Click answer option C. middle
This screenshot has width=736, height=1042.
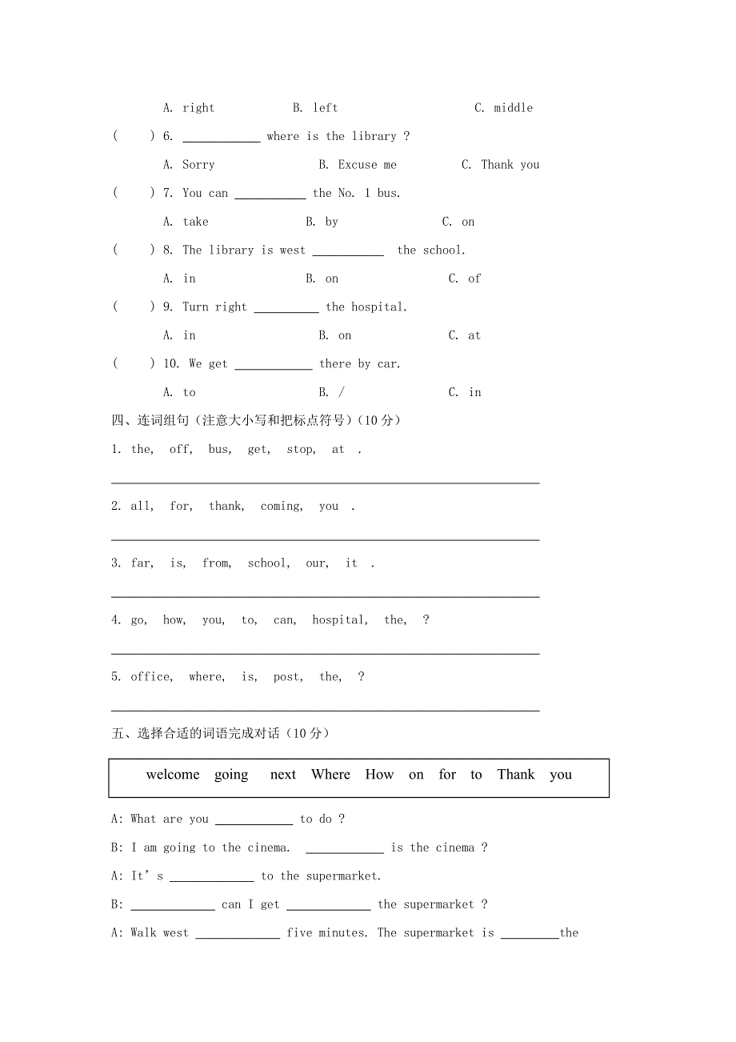[x=503, y=108]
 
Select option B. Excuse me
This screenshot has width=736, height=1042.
[x=357, y=165]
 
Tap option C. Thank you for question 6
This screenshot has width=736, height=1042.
[x=500, y=165]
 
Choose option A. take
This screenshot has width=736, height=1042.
[x=186, y=222]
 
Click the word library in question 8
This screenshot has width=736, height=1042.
[x=231, y=250]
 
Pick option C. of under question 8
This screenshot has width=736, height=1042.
[x=465, y=279]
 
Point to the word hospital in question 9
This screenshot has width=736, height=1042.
[x=378, y=307]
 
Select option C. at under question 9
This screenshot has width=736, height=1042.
[x=465, y=335]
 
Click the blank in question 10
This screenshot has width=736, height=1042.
[x=273, y=367]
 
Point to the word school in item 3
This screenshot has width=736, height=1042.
[x=268, y=563]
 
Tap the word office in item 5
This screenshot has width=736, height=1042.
[x=151, y=677]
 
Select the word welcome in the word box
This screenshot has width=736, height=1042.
[x=173, y=775]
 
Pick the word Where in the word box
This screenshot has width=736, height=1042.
[x=331, y=775]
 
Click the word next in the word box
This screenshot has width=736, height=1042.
[x=283, y=775]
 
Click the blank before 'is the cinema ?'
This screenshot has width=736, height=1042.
[x=345, y=851]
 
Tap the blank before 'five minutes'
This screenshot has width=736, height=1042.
[x=238, y=936]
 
